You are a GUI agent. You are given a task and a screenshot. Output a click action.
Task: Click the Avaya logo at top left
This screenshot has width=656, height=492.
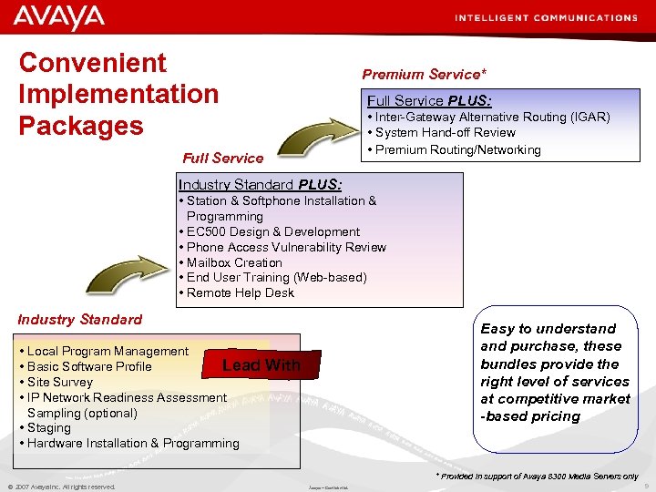59,17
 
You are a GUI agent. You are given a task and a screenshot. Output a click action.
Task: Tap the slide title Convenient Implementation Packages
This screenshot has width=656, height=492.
118,94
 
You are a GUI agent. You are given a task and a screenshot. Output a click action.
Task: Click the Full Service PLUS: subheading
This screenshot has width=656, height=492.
428,100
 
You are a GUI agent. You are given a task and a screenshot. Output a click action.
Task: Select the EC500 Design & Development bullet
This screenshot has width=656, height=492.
272,231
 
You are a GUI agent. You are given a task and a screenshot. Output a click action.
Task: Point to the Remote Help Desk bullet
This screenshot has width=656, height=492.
240,292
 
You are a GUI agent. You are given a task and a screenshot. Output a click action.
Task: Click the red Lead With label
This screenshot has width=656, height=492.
261,365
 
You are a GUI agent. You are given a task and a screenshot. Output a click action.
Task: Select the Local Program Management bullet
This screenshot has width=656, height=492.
107,351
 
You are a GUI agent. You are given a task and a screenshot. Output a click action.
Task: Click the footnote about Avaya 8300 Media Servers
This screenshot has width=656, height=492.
537,477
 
